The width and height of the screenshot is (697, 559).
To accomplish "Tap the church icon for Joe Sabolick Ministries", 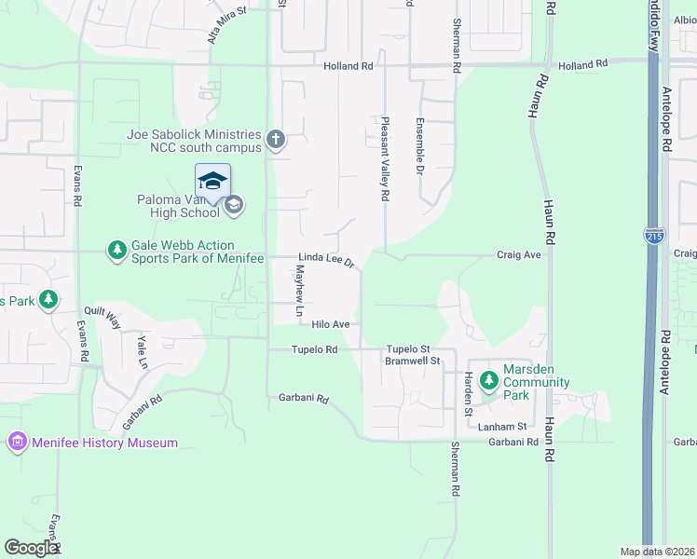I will (275, 141).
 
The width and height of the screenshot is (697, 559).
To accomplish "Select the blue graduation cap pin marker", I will (212, 180).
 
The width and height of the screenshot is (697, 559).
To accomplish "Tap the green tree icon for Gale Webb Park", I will (116, 251).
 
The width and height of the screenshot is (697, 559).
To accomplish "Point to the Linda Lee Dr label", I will (326, 260).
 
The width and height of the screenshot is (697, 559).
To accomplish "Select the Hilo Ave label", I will (330, 324).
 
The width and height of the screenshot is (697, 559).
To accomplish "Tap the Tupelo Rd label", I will (314, 349).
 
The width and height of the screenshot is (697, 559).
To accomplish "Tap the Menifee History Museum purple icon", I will (17, 442).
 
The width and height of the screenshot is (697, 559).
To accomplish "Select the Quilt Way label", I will (102, 317).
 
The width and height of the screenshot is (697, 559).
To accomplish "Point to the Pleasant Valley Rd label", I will (384, 159).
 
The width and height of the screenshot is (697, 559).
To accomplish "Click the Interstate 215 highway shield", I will (655, 237).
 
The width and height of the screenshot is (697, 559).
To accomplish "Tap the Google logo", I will (32, 548).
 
